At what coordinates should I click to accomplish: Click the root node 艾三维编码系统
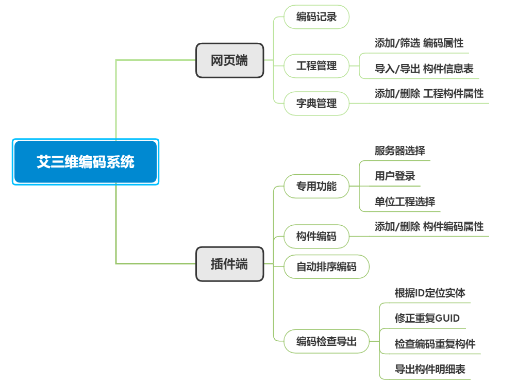(x=86, y=162)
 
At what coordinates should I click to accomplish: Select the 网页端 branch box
(x=229, y=60)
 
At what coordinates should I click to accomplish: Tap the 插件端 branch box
(x=229, y=264)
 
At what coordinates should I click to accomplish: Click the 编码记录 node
(x=316, y=16)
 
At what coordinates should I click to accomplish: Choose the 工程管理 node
(x=316, y=66)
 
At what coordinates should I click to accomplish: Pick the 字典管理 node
(x=316, y=103)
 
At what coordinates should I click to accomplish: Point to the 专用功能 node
(x=316, y=186)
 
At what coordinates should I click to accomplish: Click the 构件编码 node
(x=316, y=236)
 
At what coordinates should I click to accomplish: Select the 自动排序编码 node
(x=326, y=267)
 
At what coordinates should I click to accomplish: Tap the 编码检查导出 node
(x=326, y=341)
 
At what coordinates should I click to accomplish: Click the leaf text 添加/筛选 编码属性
(x=419, y=43)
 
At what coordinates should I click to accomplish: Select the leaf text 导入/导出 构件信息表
(x=424, y=69)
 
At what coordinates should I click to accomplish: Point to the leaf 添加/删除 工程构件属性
(x=429, y=94)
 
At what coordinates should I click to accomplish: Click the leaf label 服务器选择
(x=399, y=151)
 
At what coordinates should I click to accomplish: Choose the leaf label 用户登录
(x=395, y=176)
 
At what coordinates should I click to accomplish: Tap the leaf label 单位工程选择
(x=405, y=201)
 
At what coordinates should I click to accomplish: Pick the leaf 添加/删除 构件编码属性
(x=429, y=226)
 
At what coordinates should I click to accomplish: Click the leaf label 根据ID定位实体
(x=430, y=293)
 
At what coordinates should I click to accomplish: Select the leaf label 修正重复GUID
(x=427, y=318)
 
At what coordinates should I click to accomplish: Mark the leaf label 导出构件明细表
(x=430, y=369)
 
